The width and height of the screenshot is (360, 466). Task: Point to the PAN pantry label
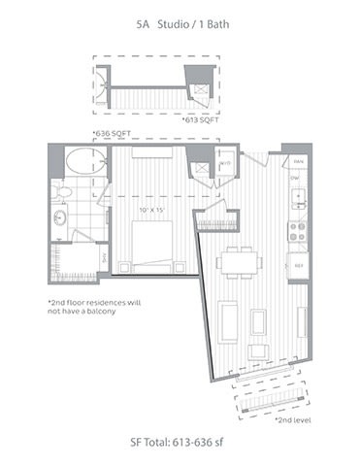tap(300, 159)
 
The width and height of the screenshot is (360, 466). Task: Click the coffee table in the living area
tap(258, 320)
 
